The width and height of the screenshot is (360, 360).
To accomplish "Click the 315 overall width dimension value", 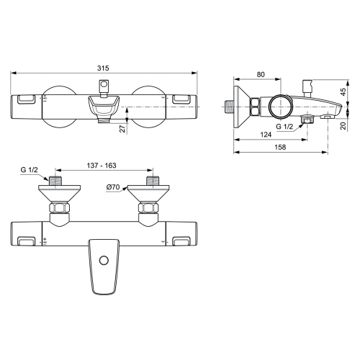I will click(104, 68).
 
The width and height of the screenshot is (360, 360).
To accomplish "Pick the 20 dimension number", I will click(343, 125).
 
